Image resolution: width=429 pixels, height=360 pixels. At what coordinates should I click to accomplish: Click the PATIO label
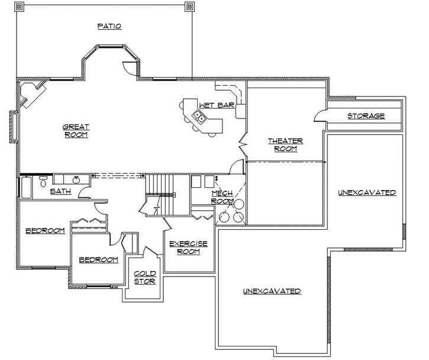pyautogui.click(x=109, y=26)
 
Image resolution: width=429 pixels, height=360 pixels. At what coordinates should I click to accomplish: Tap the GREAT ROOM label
pyautogui.click(x=76, y=130)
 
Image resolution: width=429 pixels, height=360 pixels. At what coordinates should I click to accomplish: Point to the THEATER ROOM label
pyautogui.click(x=285, y=144)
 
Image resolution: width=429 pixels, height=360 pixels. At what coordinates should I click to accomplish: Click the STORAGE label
pyautogui.click(x=366, y=116)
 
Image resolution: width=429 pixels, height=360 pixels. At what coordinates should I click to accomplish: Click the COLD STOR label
pyautogui.click(x=144, y=277)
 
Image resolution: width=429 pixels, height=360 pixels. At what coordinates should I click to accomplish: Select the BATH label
pyautogui.click(x=60, y=191)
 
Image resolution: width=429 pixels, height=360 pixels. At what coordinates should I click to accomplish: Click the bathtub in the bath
pyautogui.click(x=27, y=187)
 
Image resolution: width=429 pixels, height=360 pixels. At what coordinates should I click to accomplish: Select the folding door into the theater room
pyautogui.click(x=243, y=142)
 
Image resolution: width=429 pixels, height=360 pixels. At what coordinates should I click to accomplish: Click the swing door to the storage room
pyautogui.click(x=320, y=115)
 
